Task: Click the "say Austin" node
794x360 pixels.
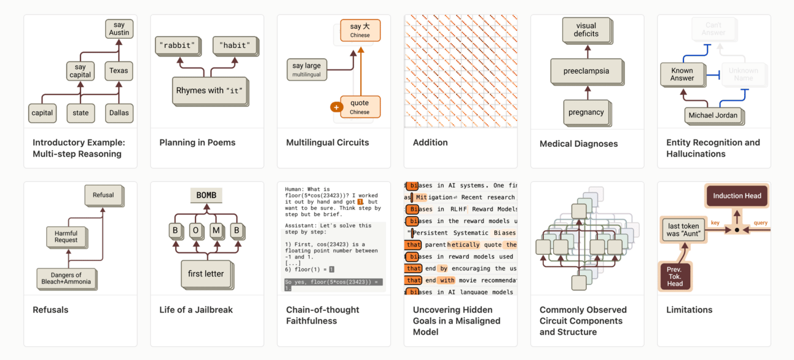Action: (119, 29)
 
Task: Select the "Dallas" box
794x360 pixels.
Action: (119, 113)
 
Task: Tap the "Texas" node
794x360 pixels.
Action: (119, 71)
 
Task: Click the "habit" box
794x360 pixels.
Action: (235, 45)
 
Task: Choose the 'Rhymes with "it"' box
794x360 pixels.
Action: (209, 91)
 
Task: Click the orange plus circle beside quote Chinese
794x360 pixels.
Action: (336, 107)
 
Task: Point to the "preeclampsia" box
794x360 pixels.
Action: (586, 71)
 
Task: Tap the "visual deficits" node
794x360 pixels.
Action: (586, 30)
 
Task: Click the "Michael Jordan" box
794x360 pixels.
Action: (713, 115)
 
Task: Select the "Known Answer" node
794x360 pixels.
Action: (682, 74)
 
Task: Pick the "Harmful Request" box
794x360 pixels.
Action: (66, 237)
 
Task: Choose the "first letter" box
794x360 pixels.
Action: (206, 274)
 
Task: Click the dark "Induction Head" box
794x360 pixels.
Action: (737, 196)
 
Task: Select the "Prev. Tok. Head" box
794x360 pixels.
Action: (675, 276)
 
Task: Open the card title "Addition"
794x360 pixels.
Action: (430, 143)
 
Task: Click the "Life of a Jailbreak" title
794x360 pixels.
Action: (196, 310)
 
